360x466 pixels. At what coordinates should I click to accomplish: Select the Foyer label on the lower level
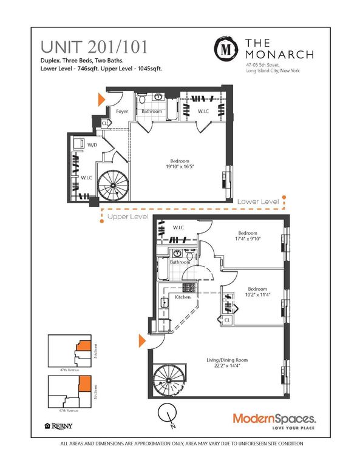pyautogui.click(x=122, y=111)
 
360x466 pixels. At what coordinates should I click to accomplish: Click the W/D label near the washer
pyautogui.click(x=93, y=145)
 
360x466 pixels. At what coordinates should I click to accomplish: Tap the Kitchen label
pyautogui.click(x=183, y=297)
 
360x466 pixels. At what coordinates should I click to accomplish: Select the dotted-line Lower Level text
pyautogui.click(x=258, y=201)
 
